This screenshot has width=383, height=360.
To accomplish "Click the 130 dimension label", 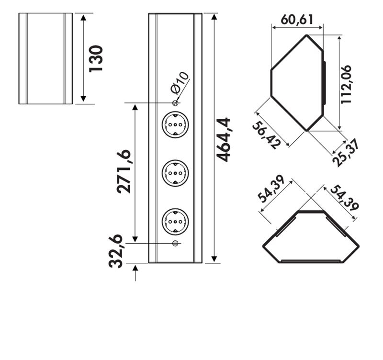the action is [x=96, y=58].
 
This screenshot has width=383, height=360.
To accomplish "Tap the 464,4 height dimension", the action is [x=224, y=140].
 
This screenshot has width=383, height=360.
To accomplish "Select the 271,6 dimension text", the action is [x=124, y=171].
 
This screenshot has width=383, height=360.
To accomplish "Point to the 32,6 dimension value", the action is [x=115, y=251].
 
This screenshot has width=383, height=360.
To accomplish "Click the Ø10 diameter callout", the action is [x=180, y=83].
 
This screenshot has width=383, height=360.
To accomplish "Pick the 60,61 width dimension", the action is [x=297, y=20].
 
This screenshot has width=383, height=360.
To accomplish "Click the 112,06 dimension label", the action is [x=346, y=85].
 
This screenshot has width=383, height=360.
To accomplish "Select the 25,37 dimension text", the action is [x=346, y=153].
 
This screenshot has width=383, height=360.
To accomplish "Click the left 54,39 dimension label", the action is [x=271, y=189].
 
